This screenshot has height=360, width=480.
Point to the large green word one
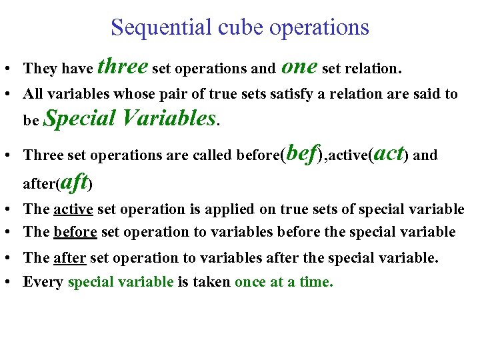[299, 67]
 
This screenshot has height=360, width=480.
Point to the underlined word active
[73, 209]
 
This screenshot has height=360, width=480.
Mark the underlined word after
[69, 258]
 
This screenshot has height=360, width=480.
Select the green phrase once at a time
[283, 282]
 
